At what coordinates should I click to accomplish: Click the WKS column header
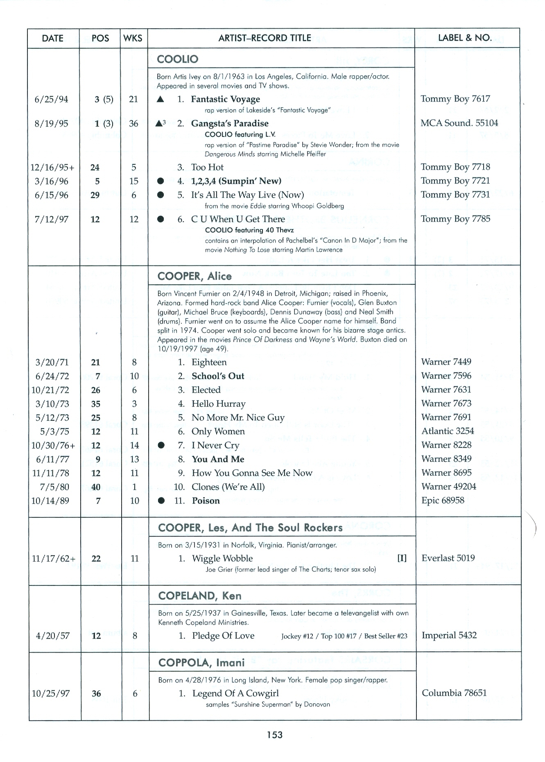(x=133, y=39)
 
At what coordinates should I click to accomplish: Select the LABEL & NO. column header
(x=465, y=38)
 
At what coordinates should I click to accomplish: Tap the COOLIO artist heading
(x=178, y=59)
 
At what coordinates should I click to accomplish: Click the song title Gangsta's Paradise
(x=230, y=123)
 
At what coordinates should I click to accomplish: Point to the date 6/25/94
(x=52, y=100)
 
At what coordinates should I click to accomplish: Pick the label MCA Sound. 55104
(x=459, y=123)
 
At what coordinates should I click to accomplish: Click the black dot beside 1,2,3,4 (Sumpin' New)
(x=161, y=181)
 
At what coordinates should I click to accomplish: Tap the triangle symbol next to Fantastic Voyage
(x=161, y=99)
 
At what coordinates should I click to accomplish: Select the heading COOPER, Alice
(x=194, y=276)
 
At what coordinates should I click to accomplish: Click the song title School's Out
(x=218, y=376)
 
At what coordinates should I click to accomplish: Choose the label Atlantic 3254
(x=448, y=431)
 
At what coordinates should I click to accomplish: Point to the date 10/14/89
(x=50, y=501)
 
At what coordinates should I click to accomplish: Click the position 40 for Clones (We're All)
(x=96, y=487)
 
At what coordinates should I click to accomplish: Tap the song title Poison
(x=206, y=501)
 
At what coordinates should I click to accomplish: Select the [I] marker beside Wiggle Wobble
(x=402, y=558)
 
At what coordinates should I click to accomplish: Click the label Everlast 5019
(x=448, y=558)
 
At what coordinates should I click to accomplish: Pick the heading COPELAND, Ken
(x=199, y=596)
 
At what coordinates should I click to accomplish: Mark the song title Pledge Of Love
(x=223, y=635)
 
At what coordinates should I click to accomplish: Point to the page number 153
(x=274, y=735)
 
